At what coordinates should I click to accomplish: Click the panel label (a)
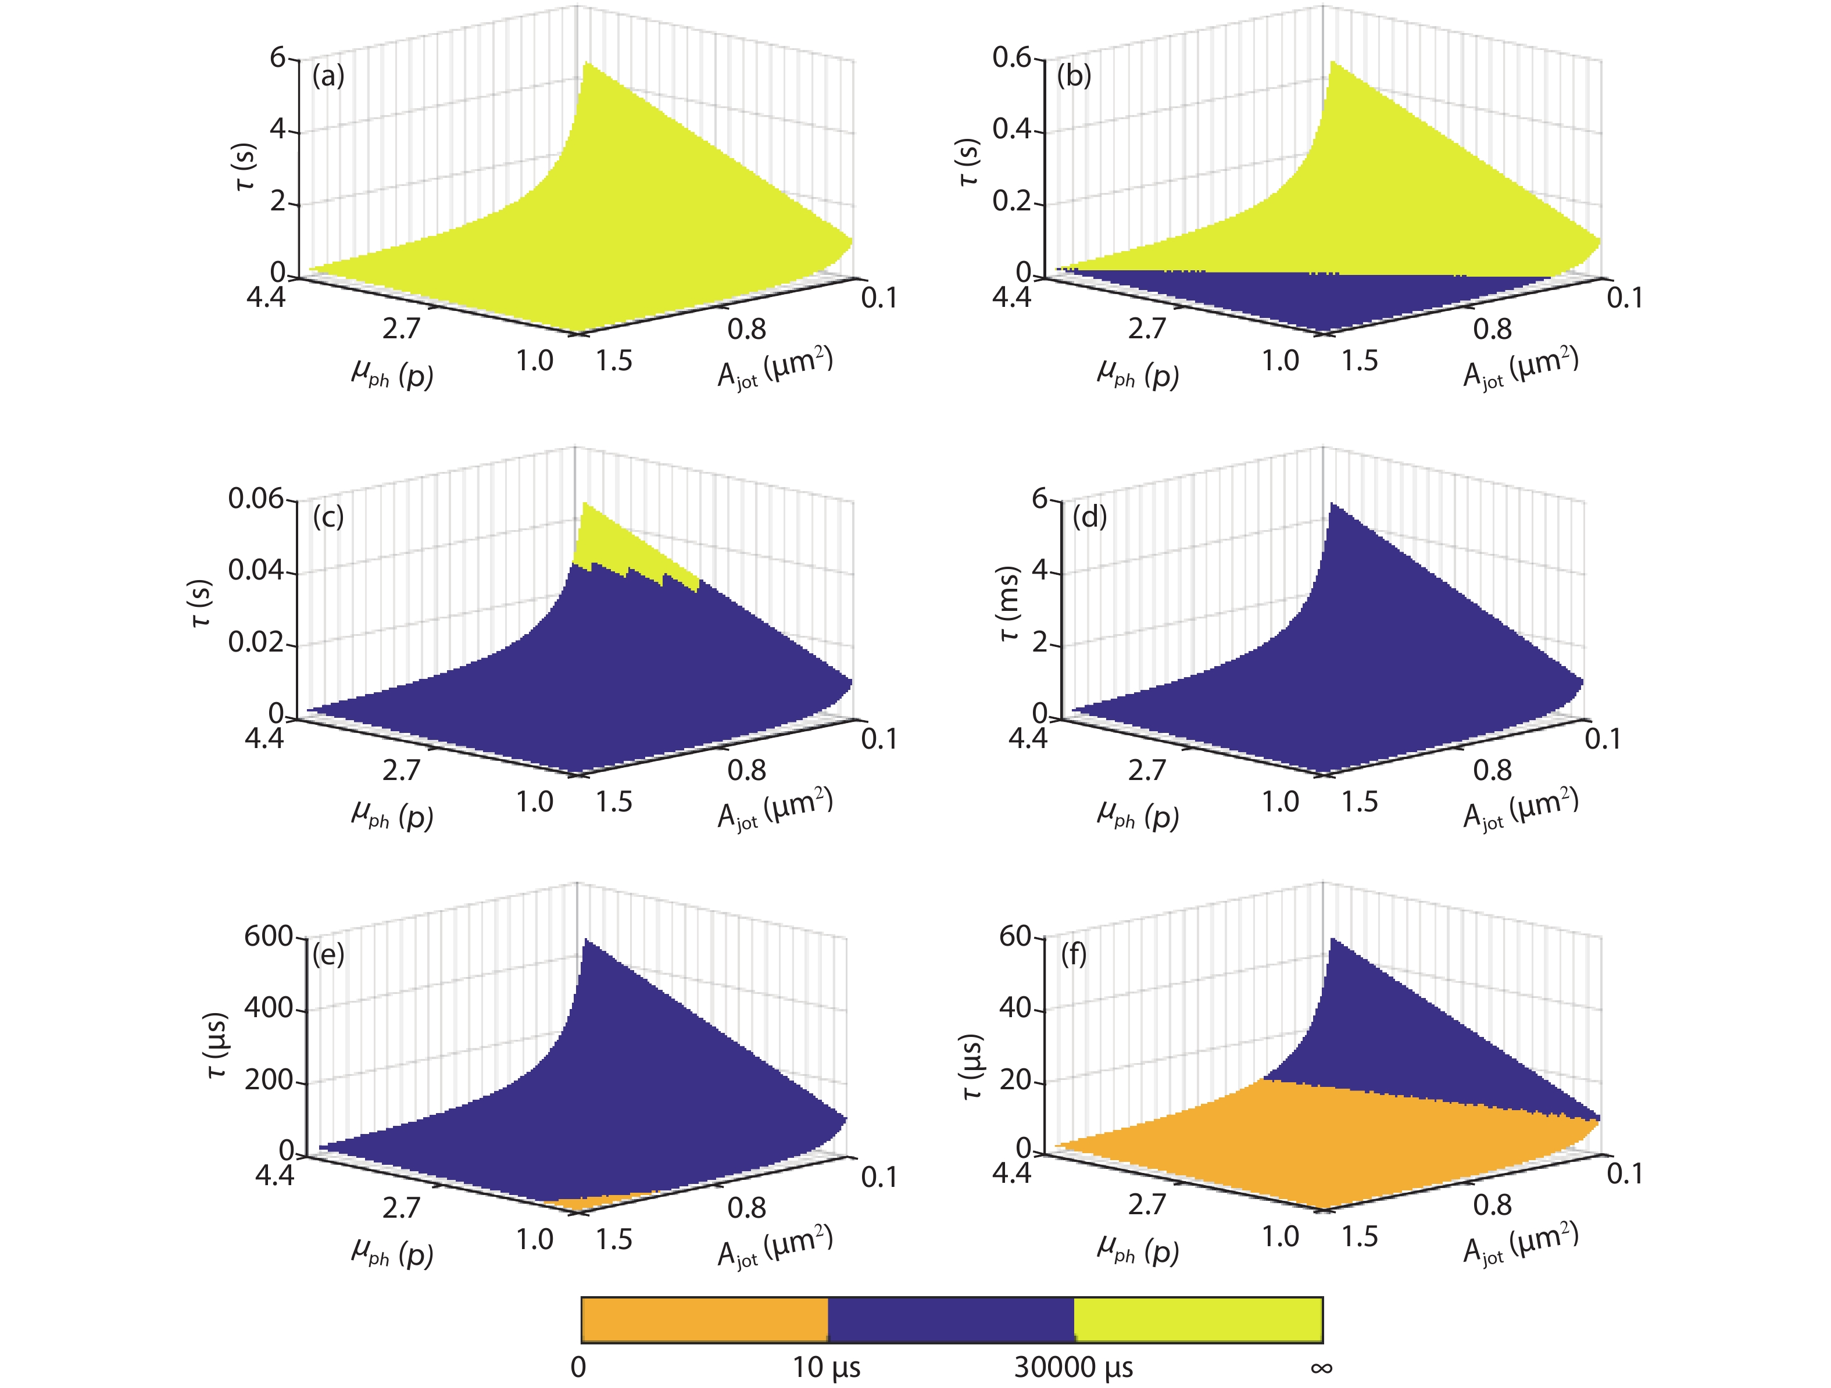point(328,76)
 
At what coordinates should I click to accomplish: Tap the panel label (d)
point(1089,517)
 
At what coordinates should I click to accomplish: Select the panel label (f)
point(1074,954)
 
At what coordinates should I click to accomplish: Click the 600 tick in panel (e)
point(268,936)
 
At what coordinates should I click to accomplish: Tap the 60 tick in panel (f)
point(1015,936)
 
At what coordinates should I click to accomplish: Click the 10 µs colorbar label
point(826,1367)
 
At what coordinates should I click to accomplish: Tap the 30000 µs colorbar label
point(1074,1367)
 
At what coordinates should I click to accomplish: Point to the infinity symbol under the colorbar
point(1321,1367)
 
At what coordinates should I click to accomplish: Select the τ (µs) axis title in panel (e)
point(217,1044)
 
